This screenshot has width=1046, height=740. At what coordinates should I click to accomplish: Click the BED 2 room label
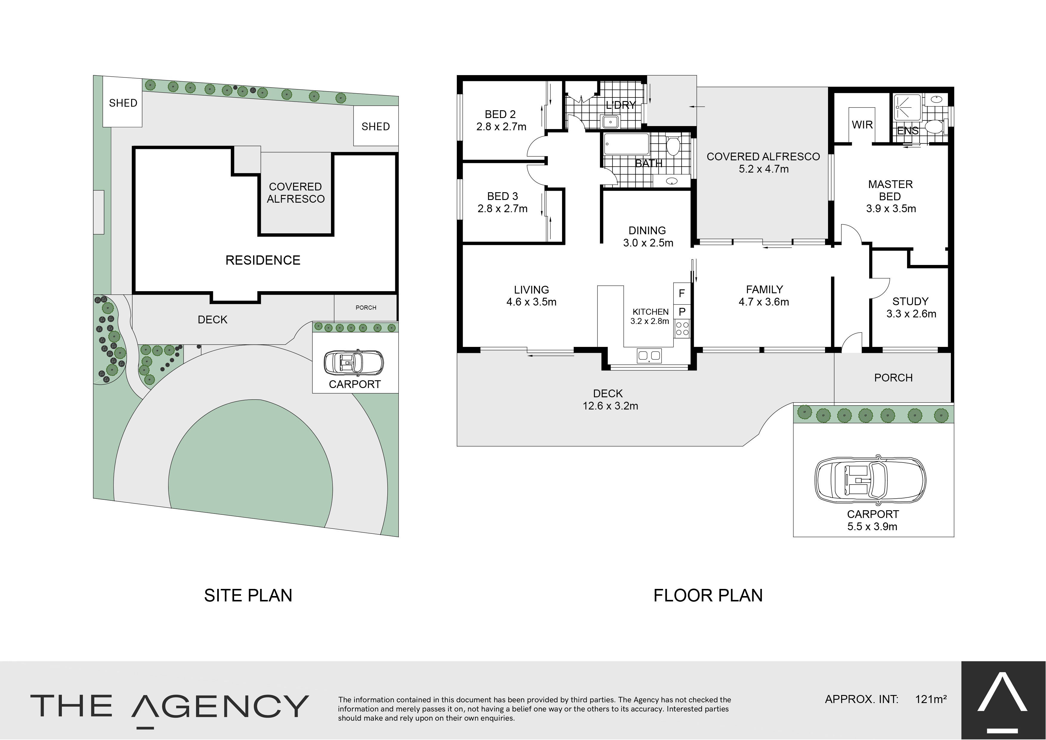[500, 114]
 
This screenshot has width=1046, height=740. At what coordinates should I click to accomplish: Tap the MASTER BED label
[890, 190]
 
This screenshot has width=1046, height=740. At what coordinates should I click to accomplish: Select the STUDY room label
[910, 301]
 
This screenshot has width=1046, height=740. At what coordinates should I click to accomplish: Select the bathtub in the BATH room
[626, 144]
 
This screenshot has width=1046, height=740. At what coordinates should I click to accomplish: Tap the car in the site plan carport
[354, 363]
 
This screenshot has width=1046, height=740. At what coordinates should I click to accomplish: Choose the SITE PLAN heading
[248, 595]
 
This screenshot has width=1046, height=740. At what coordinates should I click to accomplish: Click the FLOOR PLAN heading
[708, 595]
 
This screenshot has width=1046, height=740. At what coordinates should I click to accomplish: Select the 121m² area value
[931, 699]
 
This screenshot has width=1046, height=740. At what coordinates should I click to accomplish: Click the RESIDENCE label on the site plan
[263, 260]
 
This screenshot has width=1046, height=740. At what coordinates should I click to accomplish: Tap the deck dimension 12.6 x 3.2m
[610, 406]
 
